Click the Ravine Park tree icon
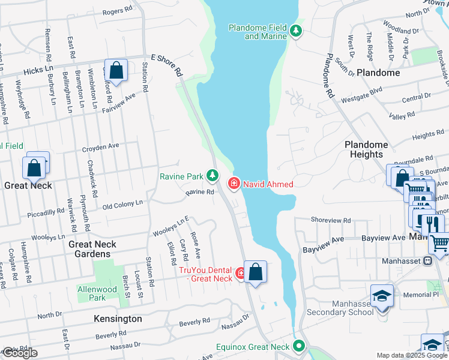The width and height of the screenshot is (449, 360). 212,175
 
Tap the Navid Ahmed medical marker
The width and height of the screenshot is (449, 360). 234,184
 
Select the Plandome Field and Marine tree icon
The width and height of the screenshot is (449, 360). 295,31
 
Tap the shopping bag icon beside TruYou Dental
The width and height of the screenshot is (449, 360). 256,272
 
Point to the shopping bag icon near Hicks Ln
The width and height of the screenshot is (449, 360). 116,70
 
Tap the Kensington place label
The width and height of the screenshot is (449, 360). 118,319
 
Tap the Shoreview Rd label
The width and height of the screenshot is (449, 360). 330,220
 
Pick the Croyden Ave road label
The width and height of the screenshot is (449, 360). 101,145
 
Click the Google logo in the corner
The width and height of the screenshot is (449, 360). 20,353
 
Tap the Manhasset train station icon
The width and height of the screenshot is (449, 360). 427,261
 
